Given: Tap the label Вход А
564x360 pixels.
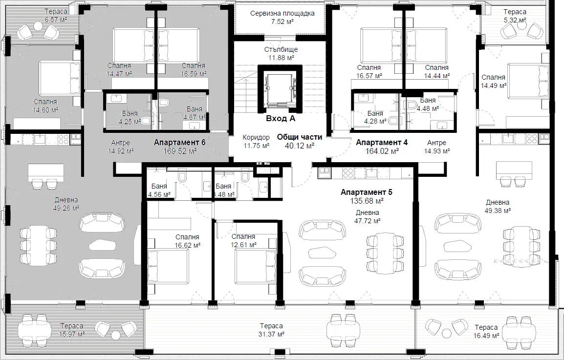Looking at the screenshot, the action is (281, 118).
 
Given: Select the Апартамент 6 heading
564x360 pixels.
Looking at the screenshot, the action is (179, 143).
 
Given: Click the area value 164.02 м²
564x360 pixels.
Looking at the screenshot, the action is (382, 151).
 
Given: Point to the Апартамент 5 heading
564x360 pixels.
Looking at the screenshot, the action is (367, 192).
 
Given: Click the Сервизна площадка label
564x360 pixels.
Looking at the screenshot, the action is (282, 13).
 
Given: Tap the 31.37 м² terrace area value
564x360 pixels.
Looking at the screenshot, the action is (271, 335).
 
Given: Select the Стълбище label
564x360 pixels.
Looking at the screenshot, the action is (281, 49).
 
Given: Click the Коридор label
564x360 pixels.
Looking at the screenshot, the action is (256, 137).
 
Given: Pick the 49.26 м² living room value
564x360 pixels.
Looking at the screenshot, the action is (66, 208).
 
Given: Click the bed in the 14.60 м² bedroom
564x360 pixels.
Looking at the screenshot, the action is (59, 78).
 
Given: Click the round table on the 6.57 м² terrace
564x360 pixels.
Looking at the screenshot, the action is (38, 26).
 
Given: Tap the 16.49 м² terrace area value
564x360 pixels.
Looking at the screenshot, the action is (486, 336).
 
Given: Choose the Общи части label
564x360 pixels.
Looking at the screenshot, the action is (299, 137).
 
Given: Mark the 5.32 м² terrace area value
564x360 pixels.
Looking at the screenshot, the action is (515, 21).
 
